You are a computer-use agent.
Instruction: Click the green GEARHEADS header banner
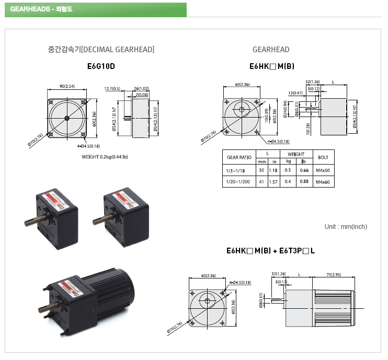[96, 10]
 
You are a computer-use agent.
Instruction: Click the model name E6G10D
[101, 67]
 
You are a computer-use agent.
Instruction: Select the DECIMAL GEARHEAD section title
[101, 50]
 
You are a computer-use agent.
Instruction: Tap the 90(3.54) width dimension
[67, 86]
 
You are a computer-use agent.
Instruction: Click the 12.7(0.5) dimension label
[112, 89]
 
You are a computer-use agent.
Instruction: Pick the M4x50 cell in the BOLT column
[323, 170]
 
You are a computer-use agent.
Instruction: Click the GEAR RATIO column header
[239, 157]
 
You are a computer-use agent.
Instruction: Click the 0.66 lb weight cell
[304, 170]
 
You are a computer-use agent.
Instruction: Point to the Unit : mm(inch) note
[346, 226]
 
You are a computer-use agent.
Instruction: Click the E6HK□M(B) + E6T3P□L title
[270, 251]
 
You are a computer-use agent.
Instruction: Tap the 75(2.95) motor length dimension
[334, 274]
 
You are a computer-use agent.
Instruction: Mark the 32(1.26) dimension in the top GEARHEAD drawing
[313, 82]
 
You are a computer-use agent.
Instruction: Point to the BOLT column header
[323, 157]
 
